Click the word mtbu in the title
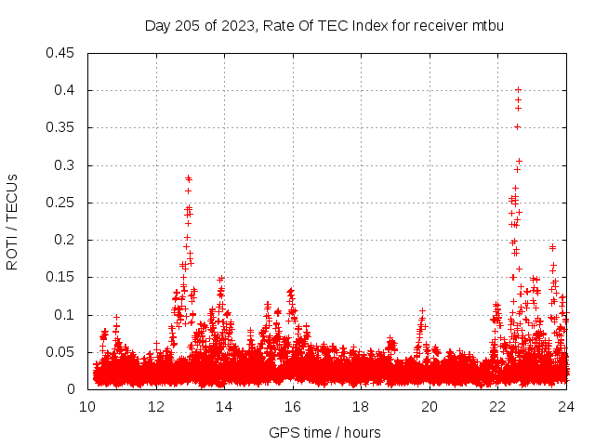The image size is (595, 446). point(487,25)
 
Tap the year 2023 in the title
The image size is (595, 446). point(239,25)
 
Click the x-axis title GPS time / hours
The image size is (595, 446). point(324,432)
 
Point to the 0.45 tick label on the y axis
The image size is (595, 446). point(61,53)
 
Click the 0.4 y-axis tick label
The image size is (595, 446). point(65,90)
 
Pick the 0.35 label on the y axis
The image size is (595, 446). point(61,127)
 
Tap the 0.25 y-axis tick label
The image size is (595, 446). point(61,203)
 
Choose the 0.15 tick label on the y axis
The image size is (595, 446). point(61,277)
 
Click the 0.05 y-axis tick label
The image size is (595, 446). point(61,352)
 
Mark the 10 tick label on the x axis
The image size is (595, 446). point(87,405)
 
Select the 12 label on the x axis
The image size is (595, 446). point(156,405)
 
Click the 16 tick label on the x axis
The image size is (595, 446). point(293,405)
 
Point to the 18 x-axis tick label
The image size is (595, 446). point(361,405)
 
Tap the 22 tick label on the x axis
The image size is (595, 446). point(497,405)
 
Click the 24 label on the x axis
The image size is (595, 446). point(566,405)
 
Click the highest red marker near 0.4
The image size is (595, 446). point(518,90)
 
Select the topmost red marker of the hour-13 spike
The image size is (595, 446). point(188,177)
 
